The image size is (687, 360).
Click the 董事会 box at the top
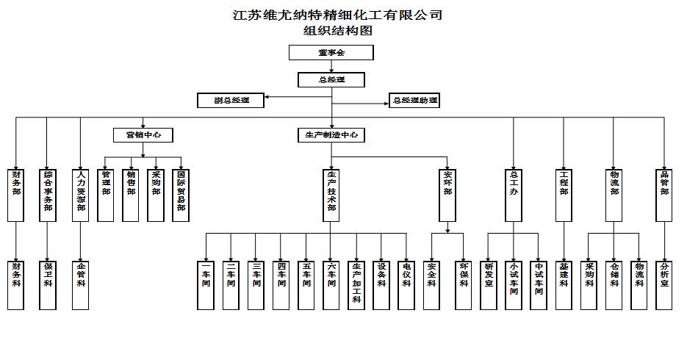click(331, 53)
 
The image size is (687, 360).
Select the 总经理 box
click(331, 80)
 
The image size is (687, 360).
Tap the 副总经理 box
click(231, 101)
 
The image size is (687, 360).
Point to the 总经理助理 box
click(414, 101)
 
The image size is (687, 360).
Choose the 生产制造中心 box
click(331, 135)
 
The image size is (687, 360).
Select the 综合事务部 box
click(48, 195)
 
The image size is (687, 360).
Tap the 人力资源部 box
click(81, 195)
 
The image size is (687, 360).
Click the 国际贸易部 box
click(181, 195)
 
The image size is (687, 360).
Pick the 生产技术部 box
click(331, 195)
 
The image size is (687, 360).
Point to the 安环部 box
click(448, 195)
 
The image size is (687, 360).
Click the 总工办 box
click(514, 195)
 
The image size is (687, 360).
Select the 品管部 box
click(664, 195)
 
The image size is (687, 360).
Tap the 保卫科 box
click(48, 284)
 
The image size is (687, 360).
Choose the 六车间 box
click(331, 284)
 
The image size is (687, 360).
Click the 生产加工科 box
click(356, 284)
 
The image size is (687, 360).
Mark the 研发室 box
click(489, 284)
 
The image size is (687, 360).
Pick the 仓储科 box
click(614, 284)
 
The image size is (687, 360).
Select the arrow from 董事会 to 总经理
click(332, 67)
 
